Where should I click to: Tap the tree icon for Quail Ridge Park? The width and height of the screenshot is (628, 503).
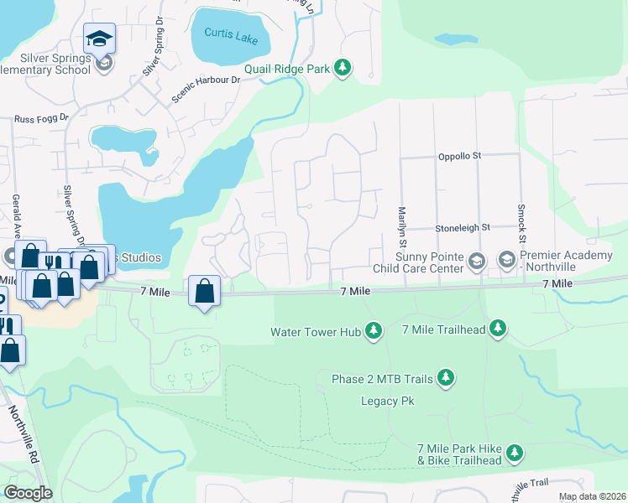[342, 68]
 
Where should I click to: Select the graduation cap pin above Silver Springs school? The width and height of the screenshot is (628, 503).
[99, 39]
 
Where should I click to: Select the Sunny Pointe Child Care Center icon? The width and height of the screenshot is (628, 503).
[477, 261]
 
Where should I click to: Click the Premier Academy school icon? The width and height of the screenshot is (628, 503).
[507, 261]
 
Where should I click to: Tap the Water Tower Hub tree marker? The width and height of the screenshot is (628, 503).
[374, 332]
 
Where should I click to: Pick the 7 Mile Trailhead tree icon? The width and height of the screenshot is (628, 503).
[499, 329]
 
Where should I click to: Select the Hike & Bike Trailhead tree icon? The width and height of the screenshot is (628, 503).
[514, 454]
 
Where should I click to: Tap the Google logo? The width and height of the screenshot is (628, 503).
[28, 493]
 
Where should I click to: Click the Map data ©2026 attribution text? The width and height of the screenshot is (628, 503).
[592, 497]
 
